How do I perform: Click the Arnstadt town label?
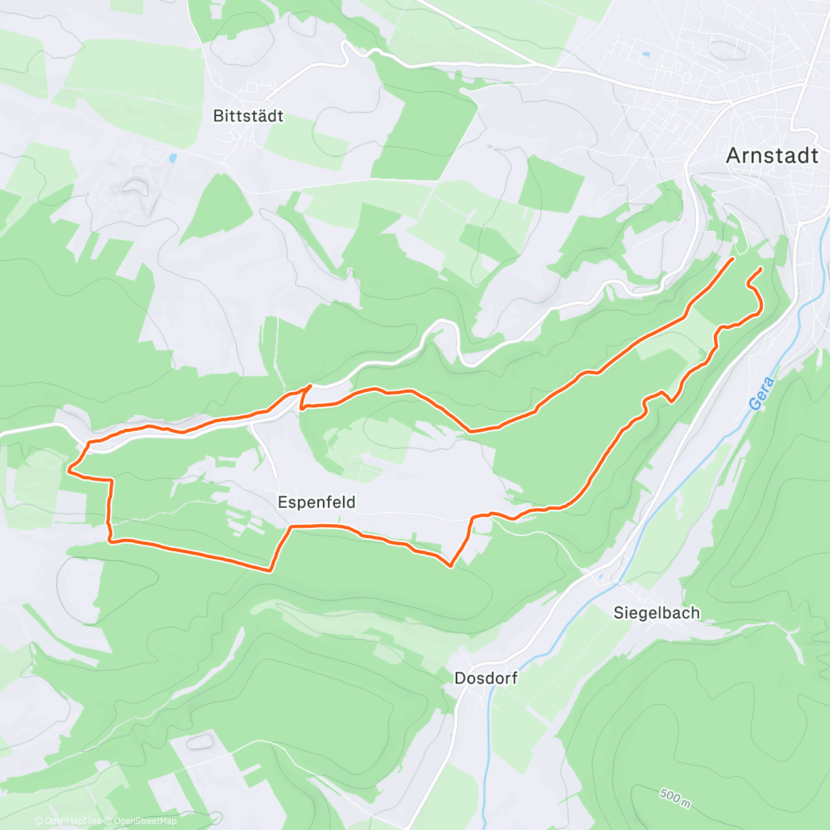(x=772, y=156)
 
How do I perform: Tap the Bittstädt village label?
(x=248, y=116)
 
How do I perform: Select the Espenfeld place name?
(x=317, y=502)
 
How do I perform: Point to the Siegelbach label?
(x=656, y=613)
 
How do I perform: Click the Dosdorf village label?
(x=486, y=678)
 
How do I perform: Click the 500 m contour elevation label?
(x=675, y=797)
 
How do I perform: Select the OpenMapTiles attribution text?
(x=68, y=821)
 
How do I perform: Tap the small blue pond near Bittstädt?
(x=172, y=158)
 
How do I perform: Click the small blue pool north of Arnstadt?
(x=646, y=54)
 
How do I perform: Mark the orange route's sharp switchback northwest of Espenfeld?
(x=311, y=385)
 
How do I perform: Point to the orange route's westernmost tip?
(x=69, y=470)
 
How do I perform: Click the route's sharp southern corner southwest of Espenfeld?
(x=270, y=570)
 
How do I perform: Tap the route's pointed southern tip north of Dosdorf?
(x=451, y=566)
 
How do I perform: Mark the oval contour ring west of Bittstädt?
(x=134, y=185)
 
